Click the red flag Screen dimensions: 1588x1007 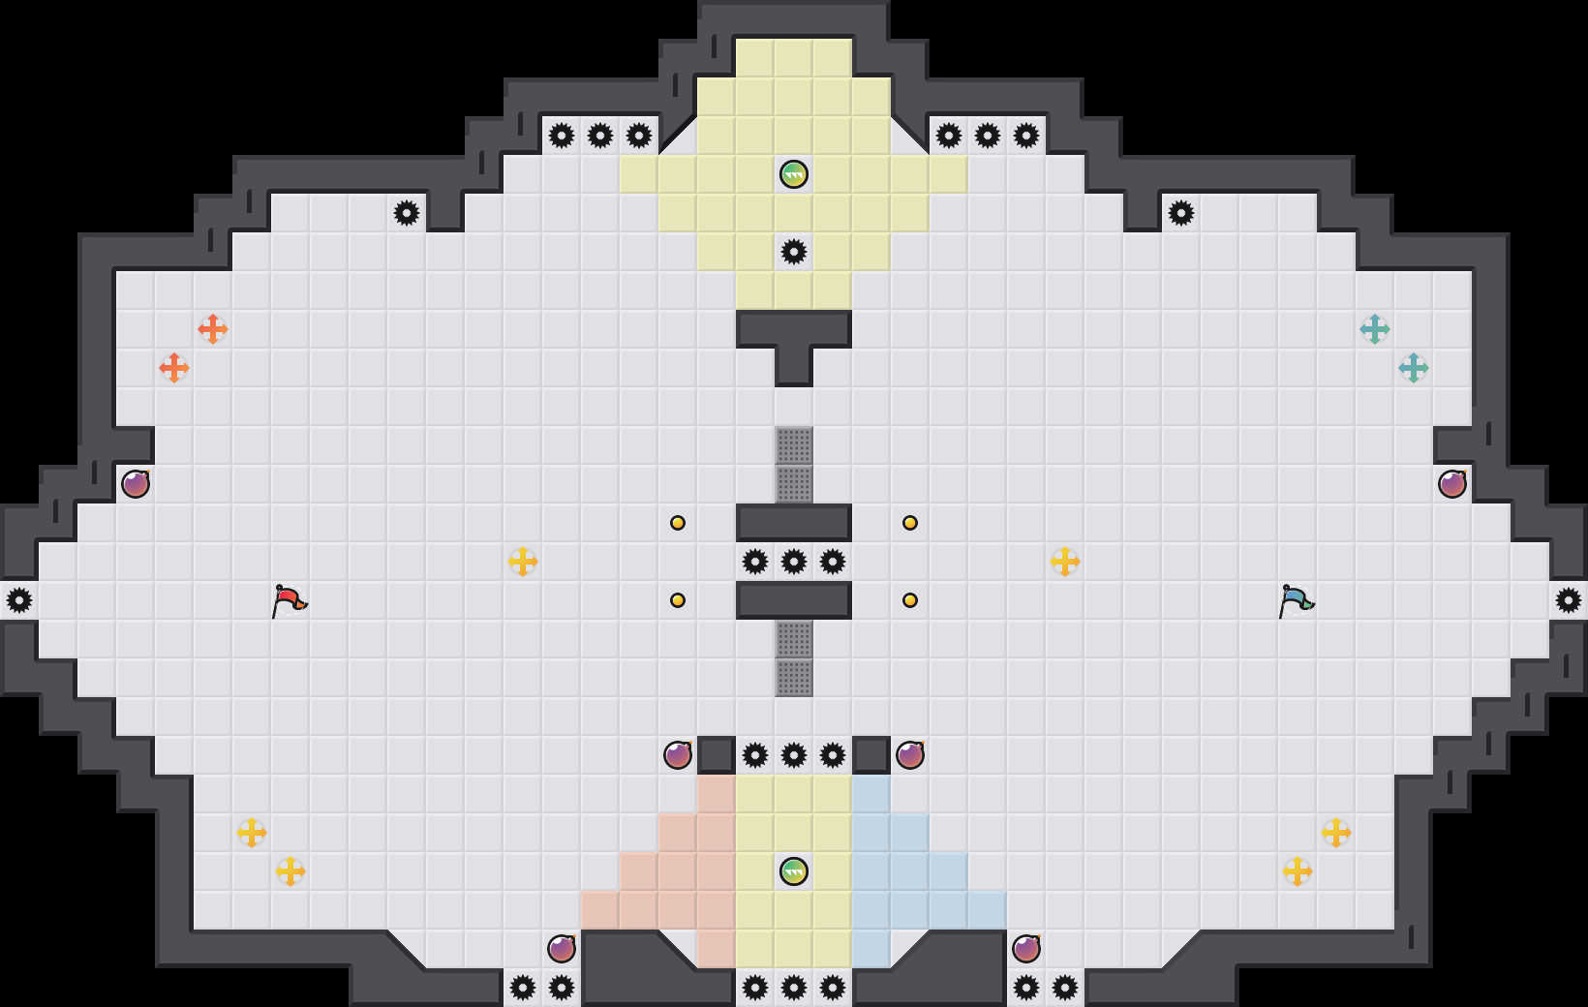point(289,600)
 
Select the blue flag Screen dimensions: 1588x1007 point(1296,600)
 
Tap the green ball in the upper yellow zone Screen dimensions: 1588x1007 point(794,174)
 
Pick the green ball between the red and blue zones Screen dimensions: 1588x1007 point(794,871)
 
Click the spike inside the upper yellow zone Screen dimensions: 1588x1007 point(794,252)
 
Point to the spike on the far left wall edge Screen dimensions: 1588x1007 point(19,600)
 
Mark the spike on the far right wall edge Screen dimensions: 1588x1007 point(1569,600)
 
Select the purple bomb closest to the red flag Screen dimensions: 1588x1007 point(136,484)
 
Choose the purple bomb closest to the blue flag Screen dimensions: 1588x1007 point(1452,484)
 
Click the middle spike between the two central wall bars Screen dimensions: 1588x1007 point(794,562)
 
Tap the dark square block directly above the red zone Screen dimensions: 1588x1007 point(717,755)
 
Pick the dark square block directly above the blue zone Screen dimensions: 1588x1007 point(871,755)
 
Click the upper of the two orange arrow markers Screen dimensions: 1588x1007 point(213,329)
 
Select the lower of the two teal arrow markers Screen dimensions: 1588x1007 point(1414,368)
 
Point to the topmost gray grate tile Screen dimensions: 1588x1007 point(794,445)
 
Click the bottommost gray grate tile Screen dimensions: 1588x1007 point(794,678)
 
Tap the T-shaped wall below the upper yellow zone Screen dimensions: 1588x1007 point(794,334)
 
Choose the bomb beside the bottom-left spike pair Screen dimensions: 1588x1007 point(562,949)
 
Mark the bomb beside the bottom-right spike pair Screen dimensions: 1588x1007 point(1026,949)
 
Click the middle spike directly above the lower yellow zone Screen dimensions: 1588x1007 point(794,755)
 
